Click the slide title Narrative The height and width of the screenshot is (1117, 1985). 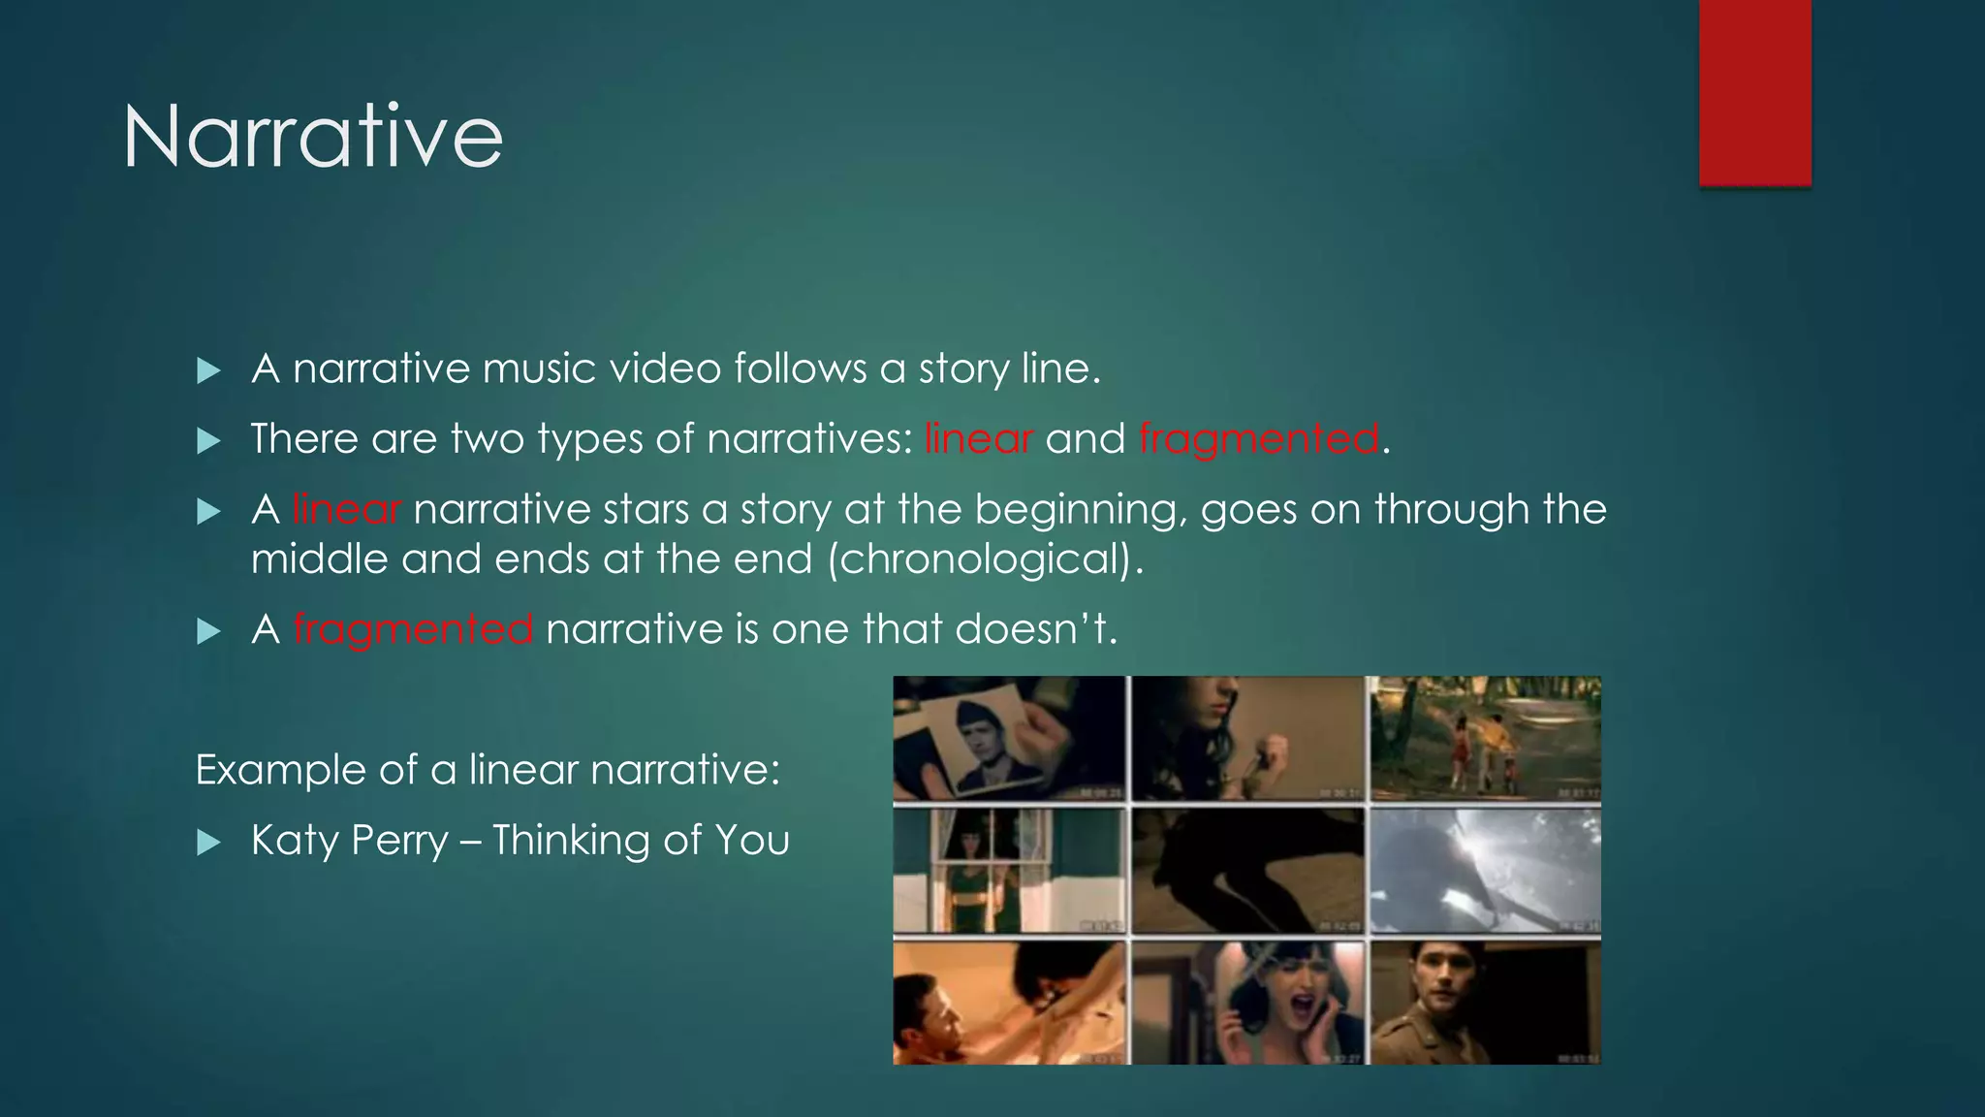tap(312, 137)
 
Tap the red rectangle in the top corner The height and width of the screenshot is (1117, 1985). tap(1754, 92)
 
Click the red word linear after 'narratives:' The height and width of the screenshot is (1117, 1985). tap(978, 439)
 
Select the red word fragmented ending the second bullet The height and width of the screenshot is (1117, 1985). tap(1258, 439)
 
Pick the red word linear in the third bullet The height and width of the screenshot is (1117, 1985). tap(346, 510)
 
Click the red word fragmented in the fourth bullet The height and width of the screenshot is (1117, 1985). tap(412, 629)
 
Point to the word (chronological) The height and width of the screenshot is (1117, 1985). tap(985, 559)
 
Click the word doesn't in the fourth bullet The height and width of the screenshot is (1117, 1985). tap(1035, 629)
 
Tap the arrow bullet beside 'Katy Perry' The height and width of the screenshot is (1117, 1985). tap(208, 842)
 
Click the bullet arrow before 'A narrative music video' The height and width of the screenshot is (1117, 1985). tap(208, 370)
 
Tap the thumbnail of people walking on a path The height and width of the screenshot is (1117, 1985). tap(1483, 739)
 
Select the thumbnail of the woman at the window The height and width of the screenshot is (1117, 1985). tap(1008, 871)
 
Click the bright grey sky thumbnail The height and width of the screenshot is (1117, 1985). tap(1483, 871)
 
